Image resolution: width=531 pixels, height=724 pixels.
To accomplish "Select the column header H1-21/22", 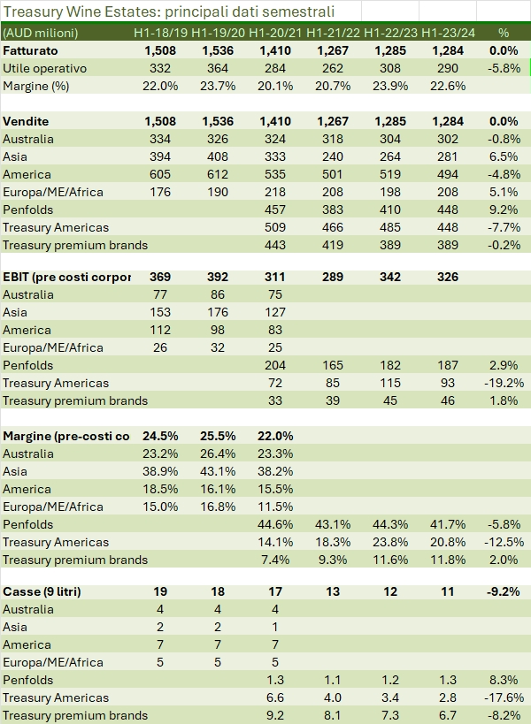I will point(334,33).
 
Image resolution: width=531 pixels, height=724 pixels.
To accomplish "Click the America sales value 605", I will point(161,174).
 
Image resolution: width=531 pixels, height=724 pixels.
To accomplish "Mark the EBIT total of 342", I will point(389,277).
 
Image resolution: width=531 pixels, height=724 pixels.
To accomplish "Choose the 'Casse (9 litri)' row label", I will point(42,591).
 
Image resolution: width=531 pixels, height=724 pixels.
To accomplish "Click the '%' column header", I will point(504,33).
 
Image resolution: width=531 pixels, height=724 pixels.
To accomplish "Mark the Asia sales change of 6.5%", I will point(505,156).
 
